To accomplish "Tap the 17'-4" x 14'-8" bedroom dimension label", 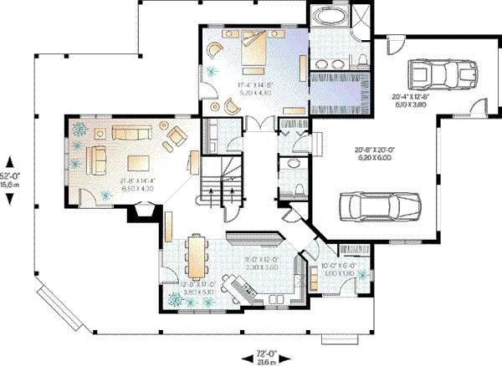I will [x=255, y=87].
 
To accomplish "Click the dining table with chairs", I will [x=194, y=255].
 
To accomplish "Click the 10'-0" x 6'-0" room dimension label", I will [x=337, y=270].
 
